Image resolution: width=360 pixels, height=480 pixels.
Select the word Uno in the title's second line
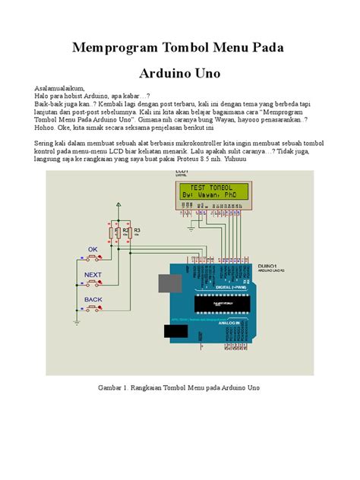207,74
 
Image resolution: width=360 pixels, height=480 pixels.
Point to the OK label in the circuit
93,248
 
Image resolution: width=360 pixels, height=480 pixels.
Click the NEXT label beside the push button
93,274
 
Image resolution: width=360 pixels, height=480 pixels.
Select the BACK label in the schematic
93,300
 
